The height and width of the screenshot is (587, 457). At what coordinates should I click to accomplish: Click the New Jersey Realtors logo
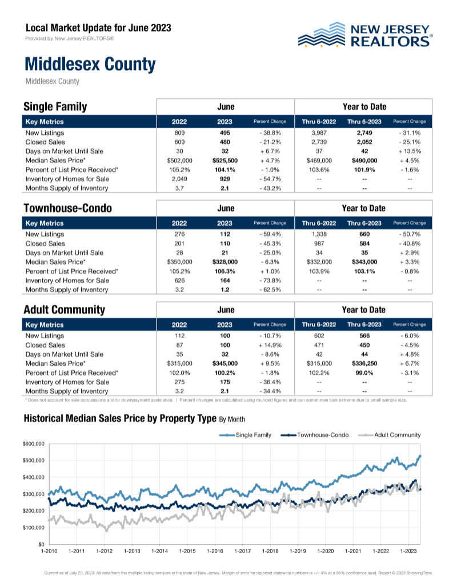(366, 35)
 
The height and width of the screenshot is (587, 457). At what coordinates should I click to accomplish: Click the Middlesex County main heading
(90, 64)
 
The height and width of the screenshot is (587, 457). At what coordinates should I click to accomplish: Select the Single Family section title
(55, 107)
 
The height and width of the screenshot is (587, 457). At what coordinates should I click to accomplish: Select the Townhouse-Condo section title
(67, 208)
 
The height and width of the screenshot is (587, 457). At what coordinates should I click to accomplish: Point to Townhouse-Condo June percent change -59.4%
(270, 234)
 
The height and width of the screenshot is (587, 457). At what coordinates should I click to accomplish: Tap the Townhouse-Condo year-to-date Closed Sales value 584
(364, 243)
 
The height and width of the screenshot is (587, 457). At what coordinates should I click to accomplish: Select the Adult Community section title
(65, 310)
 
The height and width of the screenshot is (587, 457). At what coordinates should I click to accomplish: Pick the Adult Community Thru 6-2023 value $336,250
(364, 364)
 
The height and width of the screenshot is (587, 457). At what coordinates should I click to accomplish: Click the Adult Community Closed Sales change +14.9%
(270, 345)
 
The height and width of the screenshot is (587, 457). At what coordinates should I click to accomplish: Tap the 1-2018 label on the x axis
(270, 552)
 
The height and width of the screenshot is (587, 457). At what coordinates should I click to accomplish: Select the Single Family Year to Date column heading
(364, 107)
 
